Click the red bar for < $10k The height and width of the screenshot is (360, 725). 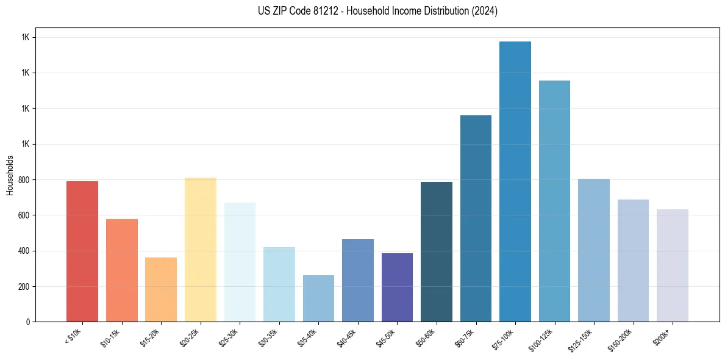82,251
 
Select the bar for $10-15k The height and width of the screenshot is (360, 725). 122,270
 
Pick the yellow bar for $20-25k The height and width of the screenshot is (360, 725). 201,250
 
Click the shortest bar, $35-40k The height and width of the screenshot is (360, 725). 318,298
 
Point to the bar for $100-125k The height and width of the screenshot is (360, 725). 554,201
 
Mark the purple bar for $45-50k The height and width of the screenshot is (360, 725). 397,287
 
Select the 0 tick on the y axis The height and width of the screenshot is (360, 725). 29,322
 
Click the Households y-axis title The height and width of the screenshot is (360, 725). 10,175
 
